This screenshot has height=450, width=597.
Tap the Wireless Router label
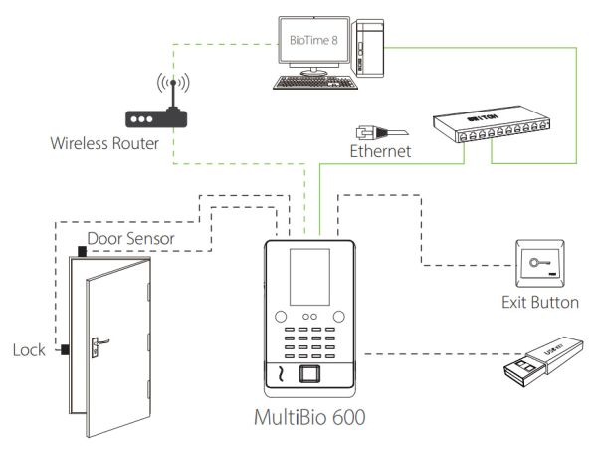105,144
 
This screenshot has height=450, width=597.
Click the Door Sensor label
130,239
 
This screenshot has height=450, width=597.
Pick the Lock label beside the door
28,350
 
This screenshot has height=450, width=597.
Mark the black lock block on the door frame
63,349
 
